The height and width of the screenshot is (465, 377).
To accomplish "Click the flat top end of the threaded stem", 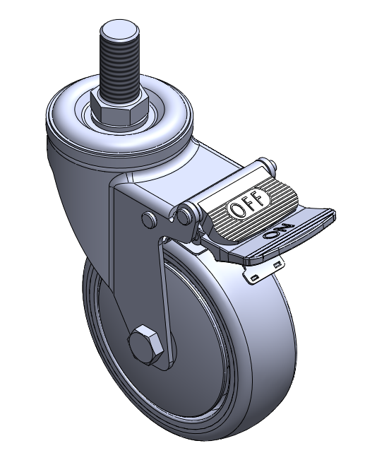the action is (119, 30).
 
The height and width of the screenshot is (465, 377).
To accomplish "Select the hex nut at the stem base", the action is (119, 107).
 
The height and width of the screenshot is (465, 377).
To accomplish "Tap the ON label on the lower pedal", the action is (279, 230).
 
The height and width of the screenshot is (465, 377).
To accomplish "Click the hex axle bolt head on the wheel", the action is (145, 344).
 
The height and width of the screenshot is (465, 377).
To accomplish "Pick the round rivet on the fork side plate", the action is (149, 220).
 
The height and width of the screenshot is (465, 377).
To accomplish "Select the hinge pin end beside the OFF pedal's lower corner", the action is (184, 215).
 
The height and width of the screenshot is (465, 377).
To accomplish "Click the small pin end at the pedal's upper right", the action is (272, 165).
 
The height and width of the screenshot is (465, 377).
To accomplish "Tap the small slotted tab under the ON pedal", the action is (263, 271).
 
